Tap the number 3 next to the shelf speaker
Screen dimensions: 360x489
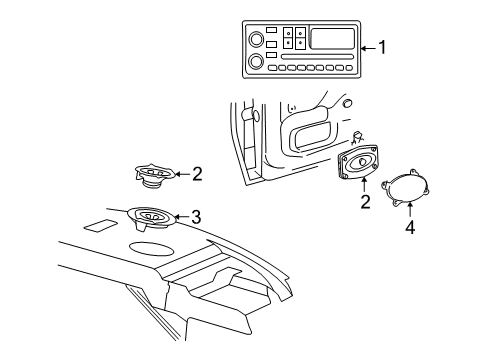coord(196,216)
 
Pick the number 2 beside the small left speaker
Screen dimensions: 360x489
coord(196,174)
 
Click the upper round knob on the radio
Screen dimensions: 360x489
coord(255,41)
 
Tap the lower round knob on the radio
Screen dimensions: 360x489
coord(255,62)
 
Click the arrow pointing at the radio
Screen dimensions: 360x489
coord(368,47)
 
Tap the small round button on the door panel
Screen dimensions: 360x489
coord(346,103)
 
